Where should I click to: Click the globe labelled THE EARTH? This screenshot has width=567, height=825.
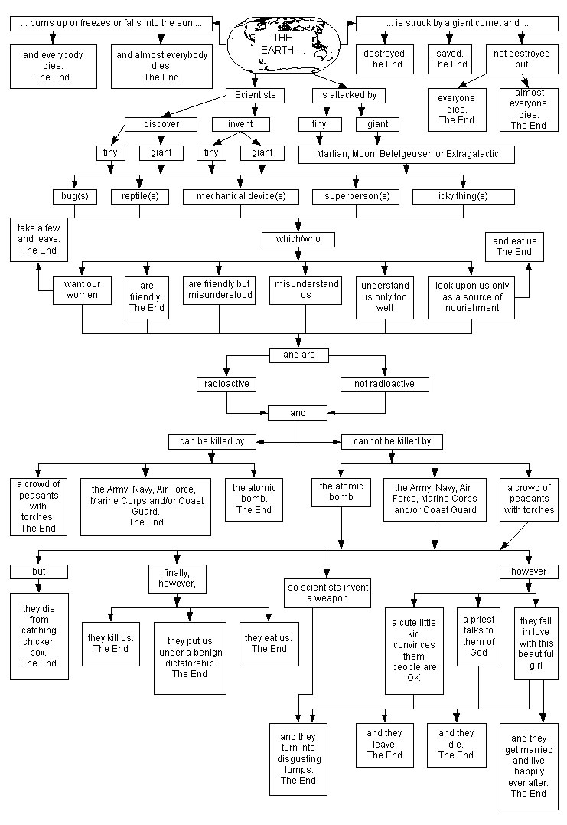tap(282, 42)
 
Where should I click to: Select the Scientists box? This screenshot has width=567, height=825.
tap(255, 96)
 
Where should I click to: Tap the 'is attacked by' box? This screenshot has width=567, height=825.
tap(348, 96)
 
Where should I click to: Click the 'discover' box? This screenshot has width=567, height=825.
tap(161, 124)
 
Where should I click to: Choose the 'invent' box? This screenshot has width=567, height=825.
tap(240, 124)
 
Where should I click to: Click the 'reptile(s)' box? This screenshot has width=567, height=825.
tap(139, 196)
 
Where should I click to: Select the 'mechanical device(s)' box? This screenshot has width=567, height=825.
tap(241, 196)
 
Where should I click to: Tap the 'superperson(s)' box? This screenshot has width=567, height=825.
tap(357, 196)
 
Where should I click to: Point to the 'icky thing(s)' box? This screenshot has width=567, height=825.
tap(463, 196)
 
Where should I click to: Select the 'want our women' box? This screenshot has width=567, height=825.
tap(82, 290)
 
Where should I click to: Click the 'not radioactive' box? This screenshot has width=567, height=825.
tap(384, 384)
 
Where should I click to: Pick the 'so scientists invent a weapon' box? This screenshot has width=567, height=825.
tap(327, 593)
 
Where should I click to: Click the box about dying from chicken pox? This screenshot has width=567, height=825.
tap(39, 636)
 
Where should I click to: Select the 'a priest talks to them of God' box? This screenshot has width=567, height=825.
tap(478, 636)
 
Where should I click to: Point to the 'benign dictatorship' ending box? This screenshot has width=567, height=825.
tap(190, 652)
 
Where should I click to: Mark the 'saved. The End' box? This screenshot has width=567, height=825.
tap(450, 59)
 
